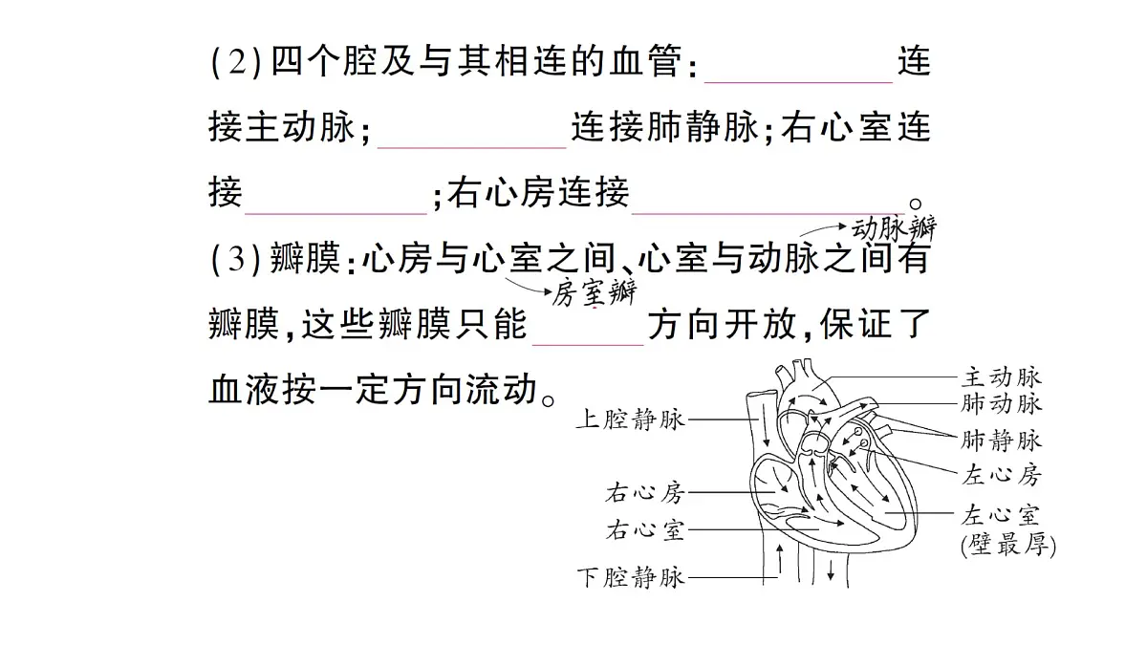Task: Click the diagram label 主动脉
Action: tap(1001, 377)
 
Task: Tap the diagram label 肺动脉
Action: tap(1001, 403)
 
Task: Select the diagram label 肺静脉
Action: tap(1001, 441)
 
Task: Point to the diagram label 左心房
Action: tap(1001, 475)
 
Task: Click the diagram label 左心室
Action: tap(1001, 515)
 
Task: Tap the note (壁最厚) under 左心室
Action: tap(1008, 545)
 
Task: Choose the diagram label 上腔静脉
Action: tap(630, 419)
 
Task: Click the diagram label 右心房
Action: tap(645, 493)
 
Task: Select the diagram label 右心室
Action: tap(645, 529)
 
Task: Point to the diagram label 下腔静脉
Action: tap(630, 578)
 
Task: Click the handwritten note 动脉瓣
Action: tap(894, 228)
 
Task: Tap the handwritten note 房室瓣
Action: tap(594, 292)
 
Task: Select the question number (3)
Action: tap(236, 259)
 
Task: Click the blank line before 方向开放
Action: tap(588, 345)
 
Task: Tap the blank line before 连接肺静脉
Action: tap(471, 147)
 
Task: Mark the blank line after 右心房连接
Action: tap(768, 213)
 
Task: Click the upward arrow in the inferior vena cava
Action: tap(780, 559)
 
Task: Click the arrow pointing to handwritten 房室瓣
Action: tap(528, 286)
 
